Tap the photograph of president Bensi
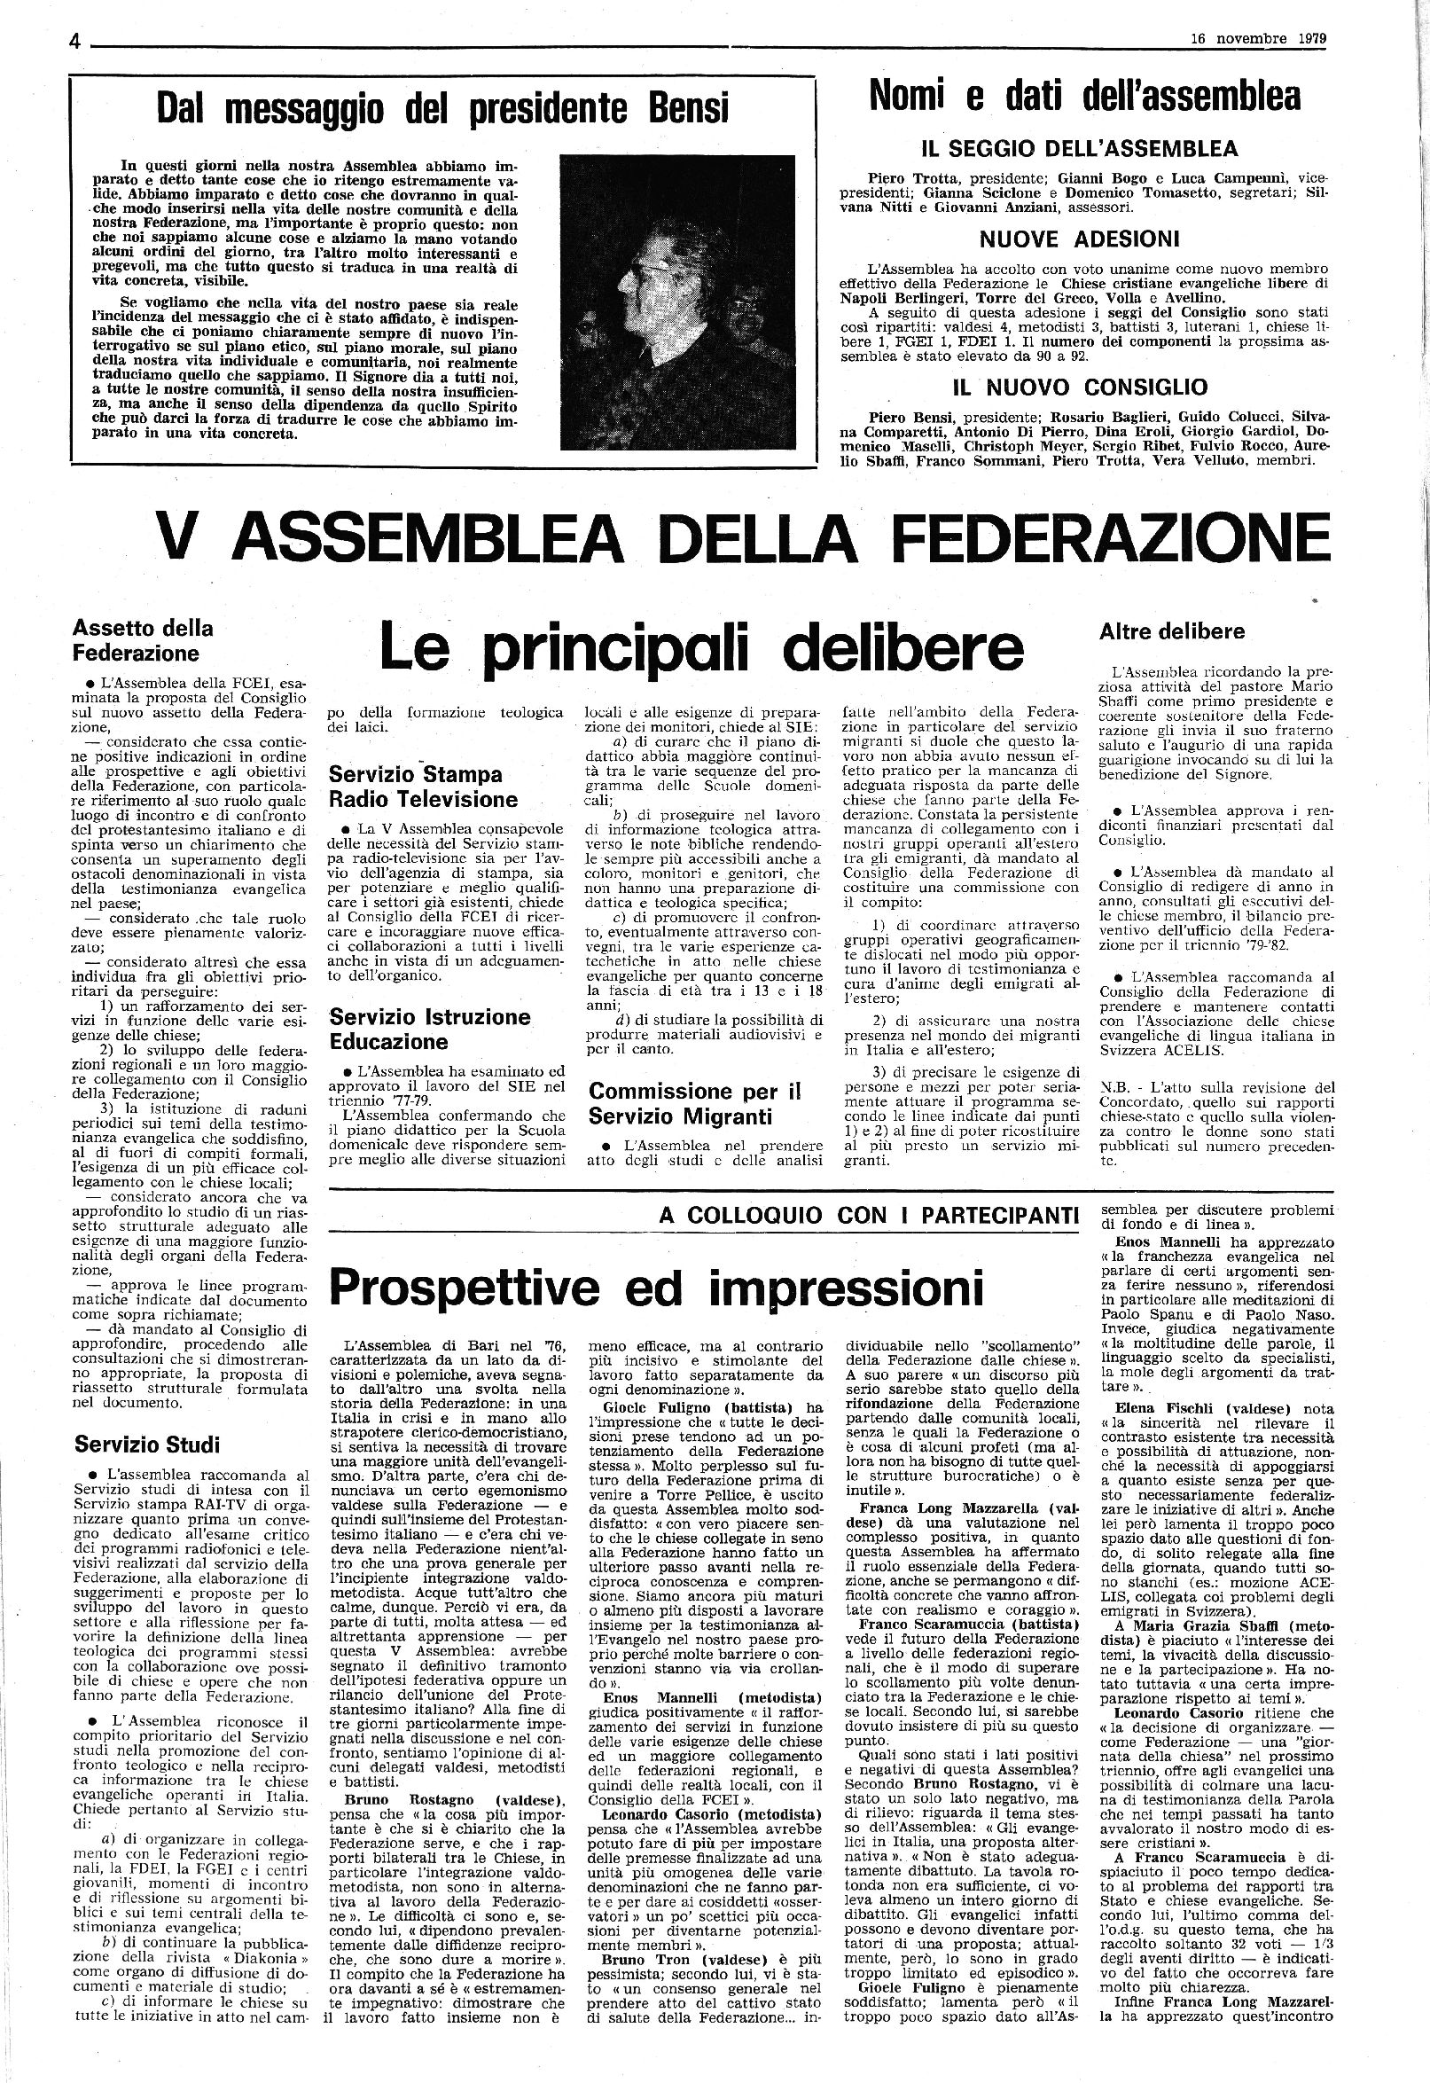click(676, 301)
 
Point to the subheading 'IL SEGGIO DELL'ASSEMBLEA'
click(1080, 148)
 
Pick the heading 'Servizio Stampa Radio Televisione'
click(423, 786)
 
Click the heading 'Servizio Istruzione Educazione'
click(429, 1029)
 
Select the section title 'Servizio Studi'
click(147, 1444)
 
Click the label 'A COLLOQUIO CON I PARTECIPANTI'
click(868, 1216)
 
